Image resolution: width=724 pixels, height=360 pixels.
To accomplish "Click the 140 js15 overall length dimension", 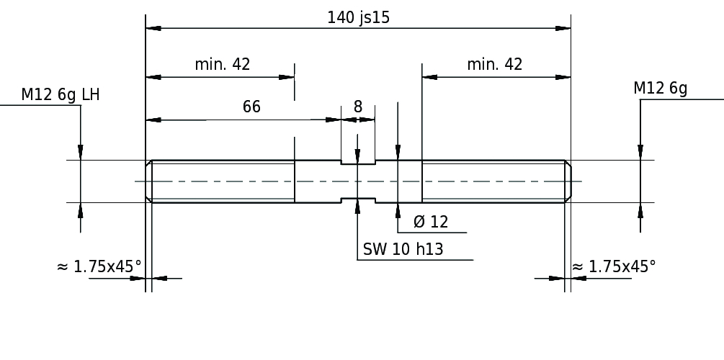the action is click(x=358, y=17).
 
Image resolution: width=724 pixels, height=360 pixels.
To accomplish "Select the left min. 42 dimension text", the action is click(x=223, y=64).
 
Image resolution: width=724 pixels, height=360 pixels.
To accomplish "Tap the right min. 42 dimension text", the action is click(x=494, y=64).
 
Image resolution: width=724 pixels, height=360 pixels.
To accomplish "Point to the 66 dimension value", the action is click(x=251, y=107).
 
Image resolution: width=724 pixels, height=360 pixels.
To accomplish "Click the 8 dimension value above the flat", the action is click(x=358, y=107).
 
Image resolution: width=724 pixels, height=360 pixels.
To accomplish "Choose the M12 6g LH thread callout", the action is click(x=60, y=94).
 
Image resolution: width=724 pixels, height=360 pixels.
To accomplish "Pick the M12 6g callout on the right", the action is click(x=661, y=88).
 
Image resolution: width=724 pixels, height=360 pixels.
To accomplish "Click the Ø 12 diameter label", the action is click(x=431, y=222).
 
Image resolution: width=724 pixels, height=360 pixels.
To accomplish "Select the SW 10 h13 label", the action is click(x=403, y=249).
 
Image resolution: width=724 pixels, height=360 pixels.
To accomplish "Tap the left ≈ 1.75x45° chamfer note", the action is click(x=99, y=266).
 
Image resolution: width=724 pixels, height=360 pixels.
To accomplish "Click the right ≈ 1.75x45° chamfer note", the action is click(x=614, y=266).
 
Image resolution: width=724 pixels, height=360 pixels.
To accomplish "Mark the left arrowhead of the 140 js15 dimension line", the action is click(x=153, y=28).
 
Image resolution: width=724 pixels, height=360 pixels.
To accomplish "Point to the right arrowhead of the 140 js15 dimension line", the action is click(x=563, y=28).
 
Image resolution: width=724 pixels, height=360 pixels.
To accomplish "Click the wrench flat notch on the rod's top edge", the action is click(x=358, y=162).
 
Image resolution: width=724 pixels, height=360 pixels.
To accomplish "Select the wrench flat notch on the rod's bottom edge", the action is click(x=358, y=200).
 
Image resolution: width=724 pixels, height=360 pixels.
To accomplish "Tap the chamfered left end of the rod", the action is click(x=148, y=181).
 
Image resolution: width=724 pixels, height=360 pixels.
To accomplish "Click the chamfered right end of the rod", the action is click(x=568, y=181).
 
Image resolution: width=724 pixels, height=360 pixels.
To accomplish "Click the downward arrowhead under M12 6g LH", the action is click(x=81, y=153).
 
